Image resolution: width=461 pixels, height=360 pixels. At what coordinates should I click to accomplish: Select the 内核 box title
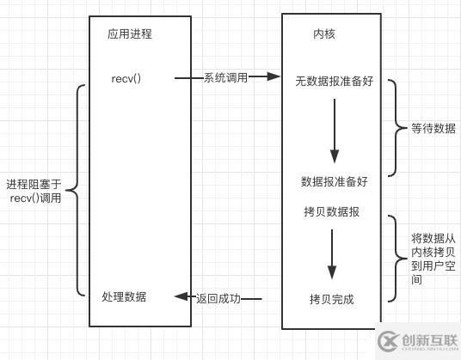tap(324, 34)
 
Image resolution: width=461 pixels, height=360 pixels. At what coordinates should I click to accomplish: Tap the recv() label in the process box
tap(126, 78)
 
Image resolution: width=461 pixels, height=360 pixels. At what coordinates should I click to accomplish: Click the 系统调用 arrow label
tap(225, 78)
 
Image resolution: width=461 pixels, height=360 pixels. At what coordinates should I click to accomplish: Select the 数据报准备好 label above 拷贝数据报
tap(334, 181)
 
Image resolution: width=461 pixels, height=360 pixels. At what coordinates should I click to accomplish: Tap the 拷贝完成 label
tap(331, 299)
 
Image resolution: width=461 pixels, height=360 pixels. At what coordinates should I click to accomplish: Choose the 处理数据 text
tap(124, 296)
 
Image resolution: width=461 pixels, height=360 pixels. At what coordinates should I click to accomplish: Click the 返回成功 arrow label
tap(218, 298)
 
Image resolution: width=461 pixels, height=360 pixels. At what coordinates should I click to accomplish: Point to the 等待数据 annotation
tap(433, 129)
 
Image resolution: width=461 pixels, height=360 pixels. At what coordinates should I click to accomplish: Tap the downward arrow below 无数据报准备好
tap(335, 129)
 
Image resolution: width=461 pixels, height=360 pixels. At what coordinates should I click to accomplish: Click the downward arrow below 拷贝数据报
tap(331, 254)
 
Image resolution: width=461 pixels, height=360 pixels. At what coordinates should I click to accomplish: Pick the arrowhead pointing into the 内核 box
tap(276, 78)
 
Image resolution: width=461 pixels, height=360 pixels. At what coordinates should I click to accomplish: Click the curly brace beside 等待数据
tap(394, 129)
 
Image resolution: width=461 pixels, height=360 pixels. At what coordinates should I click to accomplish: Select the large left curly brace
tap(75, 191)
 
